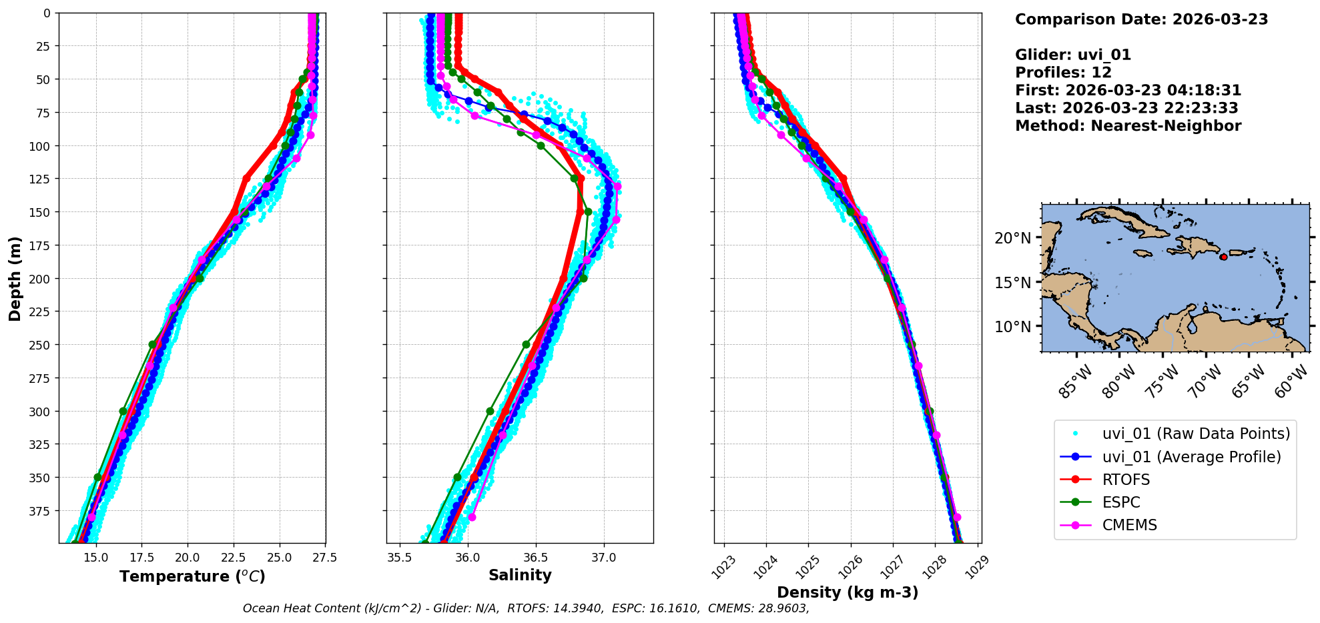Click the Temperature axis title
[x=192, y=576]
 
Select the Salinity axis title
[x=520, y=575]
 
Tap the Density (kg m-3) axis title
[x=848, y=592]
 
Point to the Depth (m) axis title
[x=15, y=278]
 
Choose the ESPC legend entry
[x=1121, y=502]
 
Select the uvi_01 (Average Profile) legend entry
[x=1191, y=457]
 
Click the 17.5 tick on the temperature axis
[x=141, y=558]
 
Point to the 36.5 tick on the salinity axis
[x=536, y=558]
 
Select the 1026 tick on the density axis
[x=848, y=564]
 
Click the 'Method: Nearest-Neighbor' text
[x=1128, y=126]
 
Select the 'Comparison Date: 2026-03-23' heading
[x=1141, y=19]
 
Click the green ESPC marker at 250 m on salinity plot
[x=526, y=345]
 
